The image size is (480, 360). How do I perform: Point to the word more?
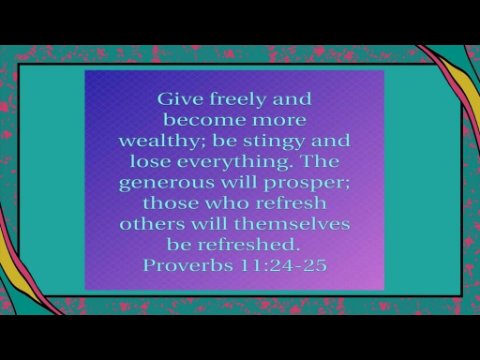coord(279,121)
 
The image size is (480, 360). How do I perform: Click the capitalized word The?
coord(320,161)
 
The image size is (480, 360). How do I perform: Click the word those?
coord(170,203)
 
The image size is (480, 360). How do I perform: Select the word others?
coord(152,224)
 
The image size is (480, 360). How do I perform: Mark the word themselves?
coord(292,224)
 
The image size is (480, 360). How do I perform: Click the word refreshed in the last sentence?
coord(247,244)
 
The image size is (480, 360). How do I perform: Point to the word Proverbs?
coord(188,265)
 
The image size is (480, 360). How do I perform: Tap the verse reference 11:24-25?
coord(283,265)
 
